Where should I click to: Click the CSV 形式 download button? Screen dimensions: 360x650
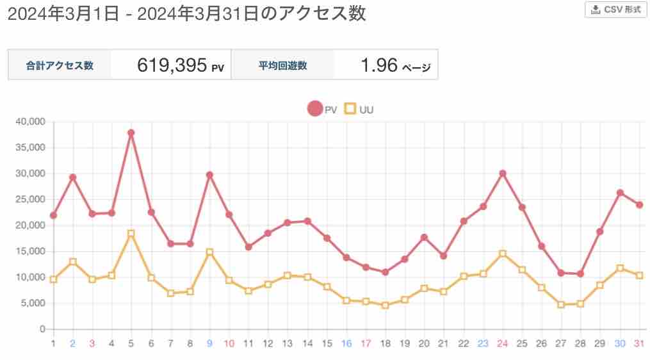615,10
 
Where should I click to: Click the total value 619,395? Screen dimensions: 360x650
172,65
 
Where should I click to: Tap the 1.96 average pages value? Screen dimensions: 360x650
379,65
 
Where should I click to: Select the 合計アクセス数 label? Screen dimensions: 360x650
60,65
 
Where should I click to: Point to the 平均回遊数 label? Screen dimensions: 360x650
282,65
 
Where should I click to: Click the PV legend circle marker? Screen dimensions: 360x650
315,109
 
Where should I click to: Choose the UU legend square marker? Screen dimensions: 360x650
350,109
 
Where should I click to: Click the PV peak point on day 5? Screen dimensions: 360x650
131,133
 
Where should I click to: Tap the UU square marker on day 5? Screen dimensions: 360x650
131,234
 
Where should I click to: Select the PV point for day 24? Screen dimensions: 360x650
503,174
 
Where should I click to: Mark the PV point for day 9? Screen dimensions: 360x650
209,175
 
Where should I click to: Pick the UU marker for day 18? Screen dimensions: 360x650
386,306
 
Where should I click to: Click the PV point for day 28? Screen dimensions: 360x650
581,274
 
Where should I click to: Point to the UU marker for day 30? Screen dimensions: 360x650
620,268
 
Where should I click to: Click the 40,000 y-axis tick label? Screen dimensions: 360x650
29,122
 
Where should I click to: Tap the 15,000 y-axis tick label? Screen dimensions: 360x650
29,252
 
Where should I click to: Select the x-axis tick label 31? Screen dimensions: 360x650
639,344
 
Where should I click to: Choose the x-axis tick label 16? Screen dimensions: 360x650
346,344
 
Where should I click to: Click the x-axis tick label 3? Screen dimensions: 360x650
92,344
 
